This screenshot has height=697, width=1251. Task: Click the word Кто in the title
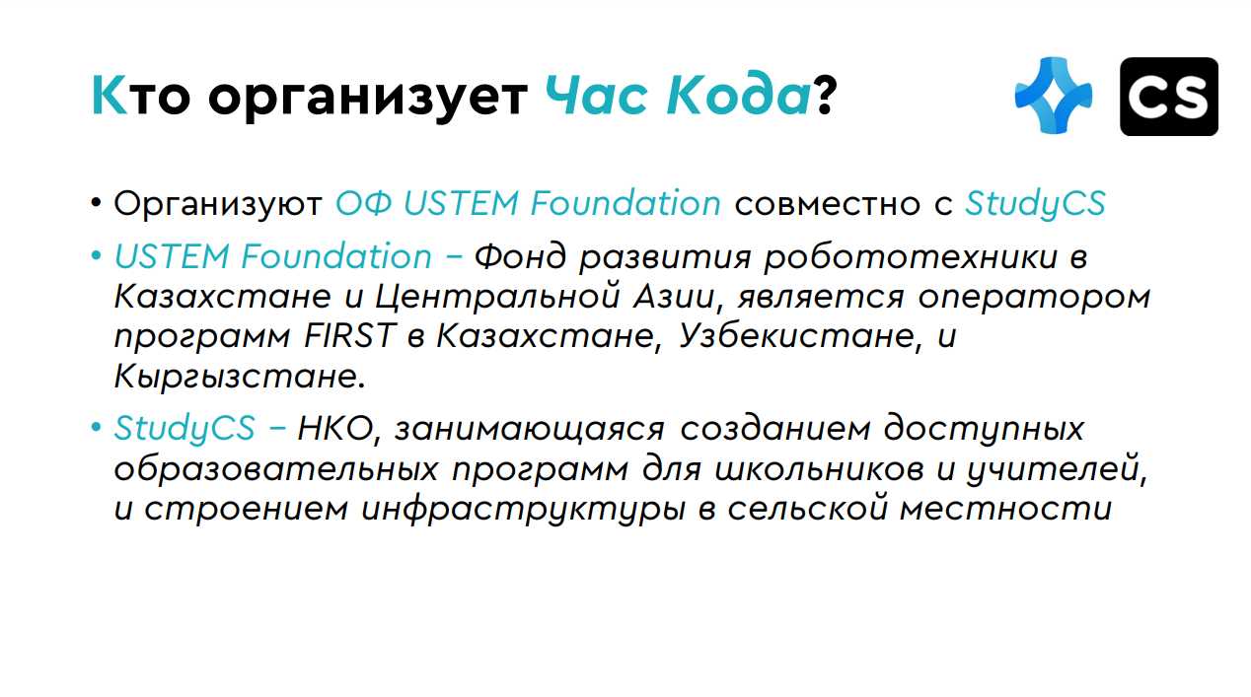(141, 96)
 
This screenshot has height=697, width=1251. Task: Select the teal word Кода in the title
(738, 96)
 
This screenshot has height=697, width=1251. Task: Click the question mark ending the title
(825, 96)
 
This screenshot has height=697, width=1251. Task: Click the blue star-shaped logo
(1054, 96)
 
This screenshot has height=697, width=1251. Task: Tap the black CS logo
(1169, 97)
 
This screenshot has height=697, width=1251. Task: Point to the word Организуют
(218, 204)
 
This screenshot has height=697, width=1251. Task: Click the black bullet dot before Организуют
(96, 202)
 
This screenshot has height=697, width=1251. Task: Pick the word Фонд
(520, 256)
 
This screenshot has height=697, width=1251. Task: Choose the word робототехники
(911, 258)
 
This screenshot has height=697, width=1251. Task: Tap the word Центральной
(497, 297)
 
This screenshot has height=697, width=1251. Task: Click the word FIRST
(349, 336)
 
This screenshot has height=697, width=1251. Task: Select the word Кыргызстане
(239, 377)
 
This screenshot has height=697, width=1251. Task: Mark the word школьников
(820, 468)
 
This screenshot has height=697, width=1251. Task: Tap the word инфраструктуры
(523, 510)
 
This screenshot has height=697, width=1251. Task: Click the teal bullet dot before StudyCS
(96, 428)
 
